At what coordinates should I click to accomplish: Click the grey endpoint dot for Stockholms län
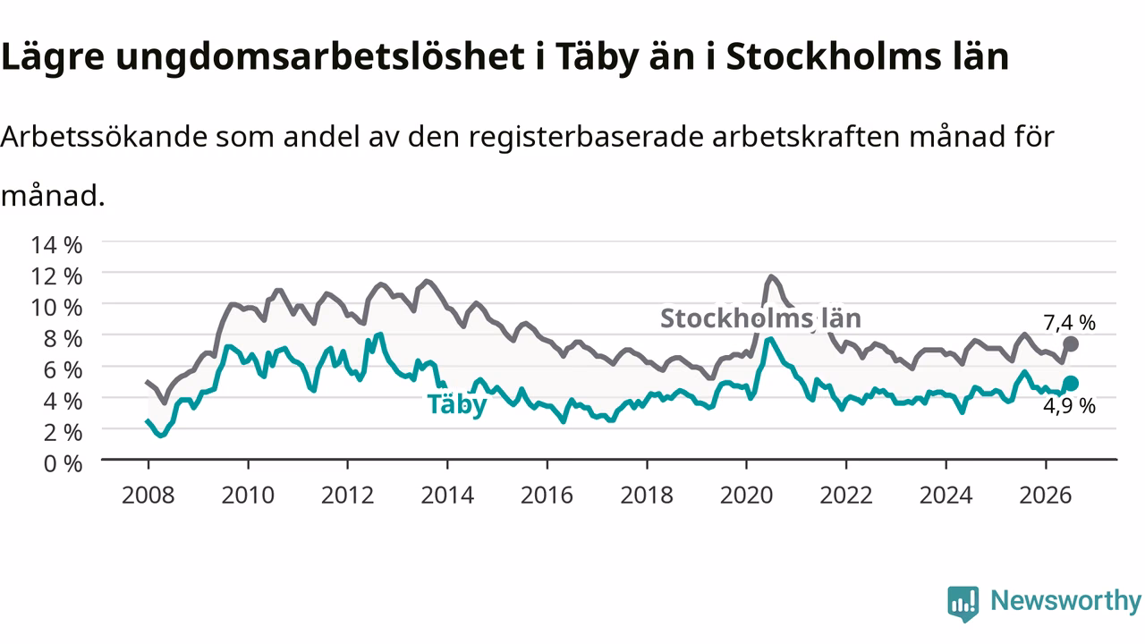[x=1071, y=344]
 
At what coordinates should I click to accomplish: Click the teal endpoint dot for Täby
[x=1071, y=384]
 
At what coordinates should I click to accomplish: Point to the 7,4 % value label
[x=1069, y=323]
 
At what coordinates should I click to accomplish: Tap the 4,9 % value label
[x=1069, y=406]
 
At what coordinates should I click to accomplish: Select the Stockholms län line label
[x=760, y=318]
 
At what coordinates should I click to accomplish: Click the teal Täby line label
[x=457, y=405]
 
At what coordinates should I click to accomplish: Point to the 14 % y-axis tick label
[x=56, y=245]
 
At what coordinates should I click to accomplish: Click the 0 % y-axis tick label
[x=63, y=464]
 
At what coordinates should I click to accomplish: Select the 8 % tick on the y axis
[x=63, y=339]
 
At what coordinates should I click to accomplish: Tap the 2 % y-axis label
[x=63, y=433]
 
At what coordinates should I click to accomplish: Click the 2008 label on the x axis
[x=148, y=496]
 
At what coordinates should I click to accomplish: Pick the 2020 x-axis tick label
[x=746, y=496]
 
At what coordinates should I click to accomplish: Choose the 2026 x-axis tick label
[x=1046, y=496]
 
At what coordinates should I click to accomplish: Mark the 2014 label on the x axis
[x=447, y=496]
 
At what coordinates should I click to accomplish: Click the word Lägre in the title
[x=53, y=57]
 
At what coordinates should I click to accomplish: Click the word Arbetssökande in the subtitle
[x=105, y=137]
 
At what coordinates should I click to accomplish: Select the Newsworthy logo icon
[x=963, y=603]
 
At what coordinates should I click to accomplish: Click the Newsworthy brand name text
[x=1066, y=600]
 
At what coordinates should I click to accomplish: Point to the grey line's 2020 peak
[x=771, y=277]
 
